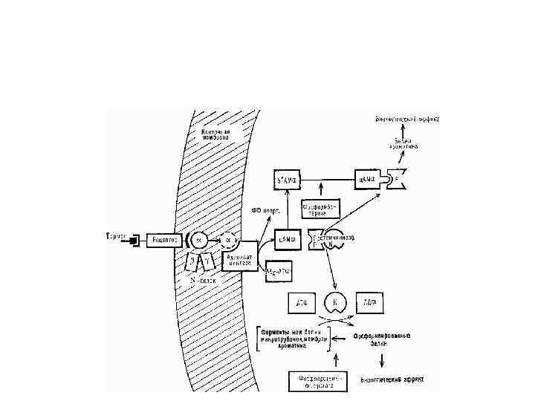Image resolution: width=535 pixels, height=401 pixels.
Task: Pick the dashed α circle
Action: pos(228,241)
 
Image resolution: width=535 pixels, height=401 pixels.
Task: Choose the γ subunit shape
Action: pos(208,261)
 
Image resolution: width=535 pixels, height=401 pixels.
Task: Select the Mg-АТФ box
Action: pos(279,272)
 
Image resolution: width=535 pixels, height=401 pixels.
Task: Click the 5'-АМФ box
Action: pos(288,179)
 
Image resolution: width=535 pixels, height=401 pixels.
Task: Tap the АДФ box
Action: pos(369,303)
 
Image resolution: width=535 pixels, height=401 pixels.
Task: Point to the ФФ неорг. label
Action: pos(265,210)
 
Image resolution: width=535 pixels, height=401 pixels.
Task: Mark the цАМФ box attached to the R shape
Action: pos(366,179)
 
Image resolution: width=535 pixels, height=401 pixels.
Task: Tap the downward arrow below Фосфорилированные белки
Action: pos(382,360)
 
